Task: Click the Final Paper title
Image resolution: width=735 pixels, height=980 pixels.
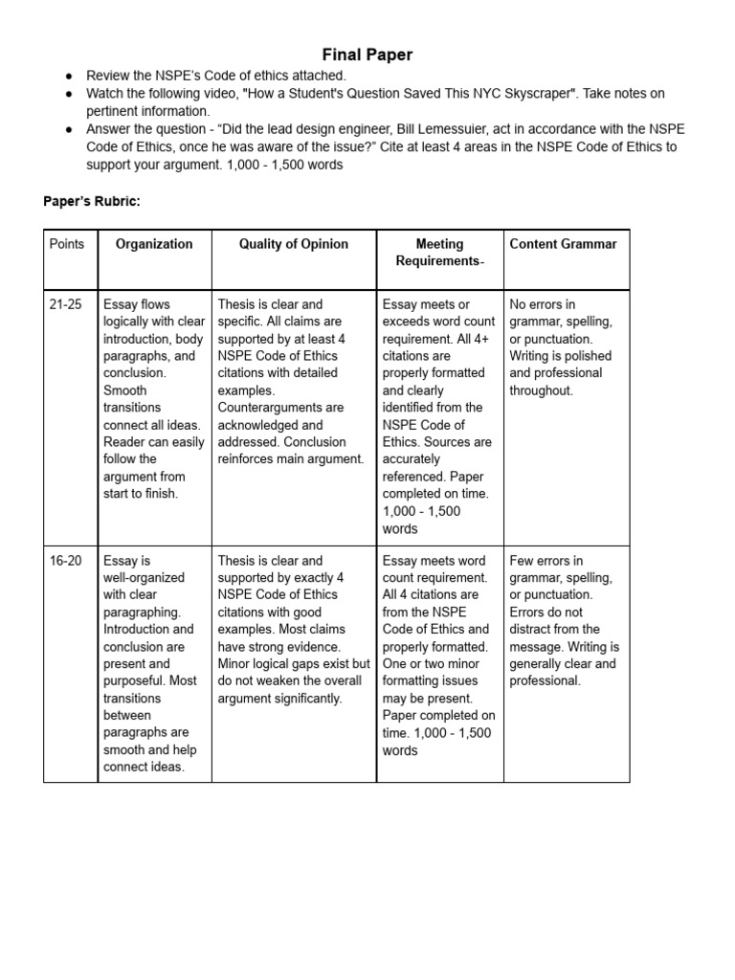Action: [x=367, y=55]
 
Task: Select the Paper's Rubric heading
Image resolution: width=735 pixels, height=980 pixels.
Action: [x=92, y=201]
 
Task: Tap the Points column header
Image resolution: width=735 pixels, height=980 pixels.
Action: [x=67, y=244]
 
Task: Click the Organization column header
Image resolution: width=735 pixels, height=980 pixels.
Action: [x=154, y=244]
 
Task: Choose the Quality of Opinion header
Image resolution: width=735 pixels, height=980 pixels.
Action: [x=294, y=244]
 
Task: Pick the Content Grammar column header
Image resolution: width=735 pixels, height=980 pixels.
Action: [x=563, y=244]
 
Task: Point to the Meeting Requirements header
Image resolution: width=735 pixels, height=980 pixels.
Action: [x=439, y=253]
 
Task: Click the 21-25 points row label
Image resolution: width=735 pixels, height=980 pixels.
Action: [x=66, y=304]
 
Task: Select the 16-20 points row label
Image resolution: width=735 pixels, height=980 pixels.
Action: [x=66, y=561]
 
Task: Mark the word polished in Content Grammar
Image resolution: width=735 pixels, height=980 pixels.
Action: [x=590, y=356]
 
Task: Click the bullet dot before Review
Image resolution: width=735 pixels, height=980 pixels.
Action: [x=69, y=76]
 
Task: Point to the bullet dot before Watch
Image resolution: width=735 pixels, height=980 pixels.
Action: [x=69, y=94]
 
